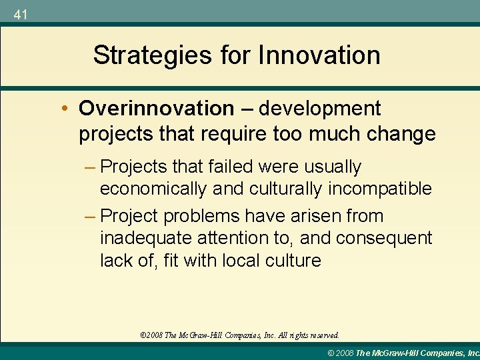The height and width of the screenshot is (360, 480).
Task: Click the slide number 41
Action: point(20,14)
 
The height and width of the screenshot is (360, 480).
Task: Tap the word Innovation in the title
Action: point(321,55)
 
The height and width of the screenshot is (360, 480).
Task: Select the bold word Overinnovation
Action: point(156,108)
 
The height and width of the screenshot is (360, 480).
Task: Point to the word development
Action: point(320,108)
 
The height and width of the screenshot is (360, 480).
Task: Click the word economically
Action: point(153,189)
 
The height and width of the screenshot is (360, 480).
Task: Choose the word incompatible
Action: point(380,189)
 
